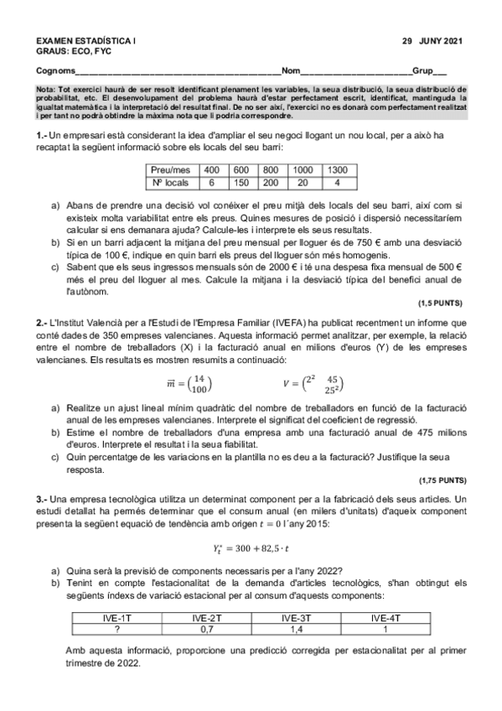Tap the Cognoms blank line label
(x=54, y=70)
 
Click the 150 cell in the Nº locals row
(x=241, y=182)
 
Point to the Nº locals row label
(x=170, y=182)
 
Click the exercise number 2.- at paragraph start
(x=42, y=321)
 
